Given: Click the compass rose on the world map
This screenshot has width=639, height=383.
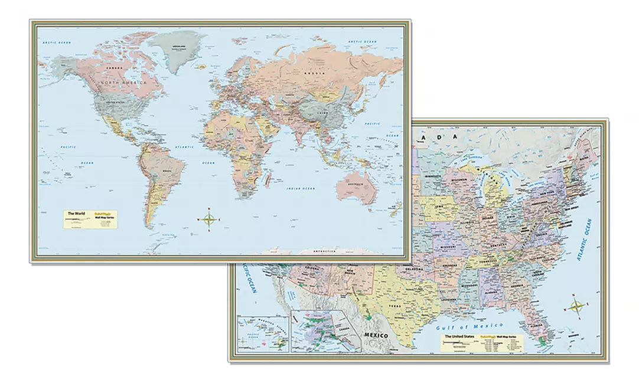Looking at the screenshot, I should pyautogui.click(x=210, y=220).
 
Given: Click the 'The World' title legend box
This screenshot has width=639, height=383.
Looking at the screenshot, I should pyautogui.click(x=90, y=217).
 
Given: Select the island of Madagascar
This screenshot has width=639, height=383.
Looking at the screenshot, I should pyautogui.click(x=270, y=178).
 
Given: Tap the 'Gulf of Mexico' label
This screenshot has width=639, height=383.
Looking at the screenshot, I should pyautogui.click(x=470, y=326).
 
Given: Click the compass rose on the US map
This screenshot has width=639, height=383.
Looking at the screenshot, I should pyautogui.click(x=577, y=306).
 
